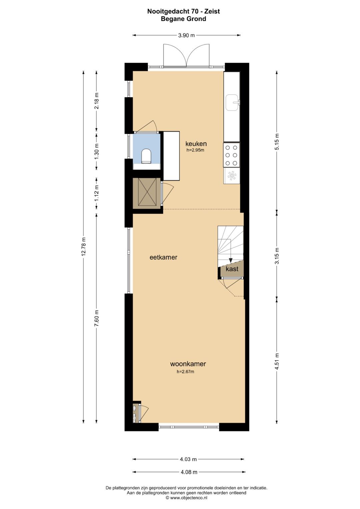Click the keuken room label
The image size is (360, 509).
click(196, 144)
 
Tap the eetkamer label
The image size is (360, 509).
click(163, 257)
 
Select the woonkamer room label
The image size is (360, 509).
click(188, 364)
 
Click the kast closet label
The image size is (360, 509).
click(232, 269)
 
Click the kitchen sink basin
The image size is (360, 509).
click(232, 103)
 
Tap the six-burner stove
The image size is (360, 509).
click(232, 155)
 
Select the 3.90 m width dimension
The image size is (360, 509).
click(186, 35)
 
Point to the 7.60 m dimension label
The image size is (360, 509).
click(97, 318)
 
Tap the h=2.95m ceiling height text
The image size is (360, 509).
click(195, 150)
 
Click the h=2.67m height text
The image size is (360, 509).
click(185, 372)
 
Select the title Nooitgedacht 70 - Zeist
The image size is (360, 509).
click(183, 11)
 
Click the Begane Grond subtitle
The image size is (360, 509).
click(183, 19)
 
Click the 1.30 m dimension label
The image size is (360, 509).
click(97, 151)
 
